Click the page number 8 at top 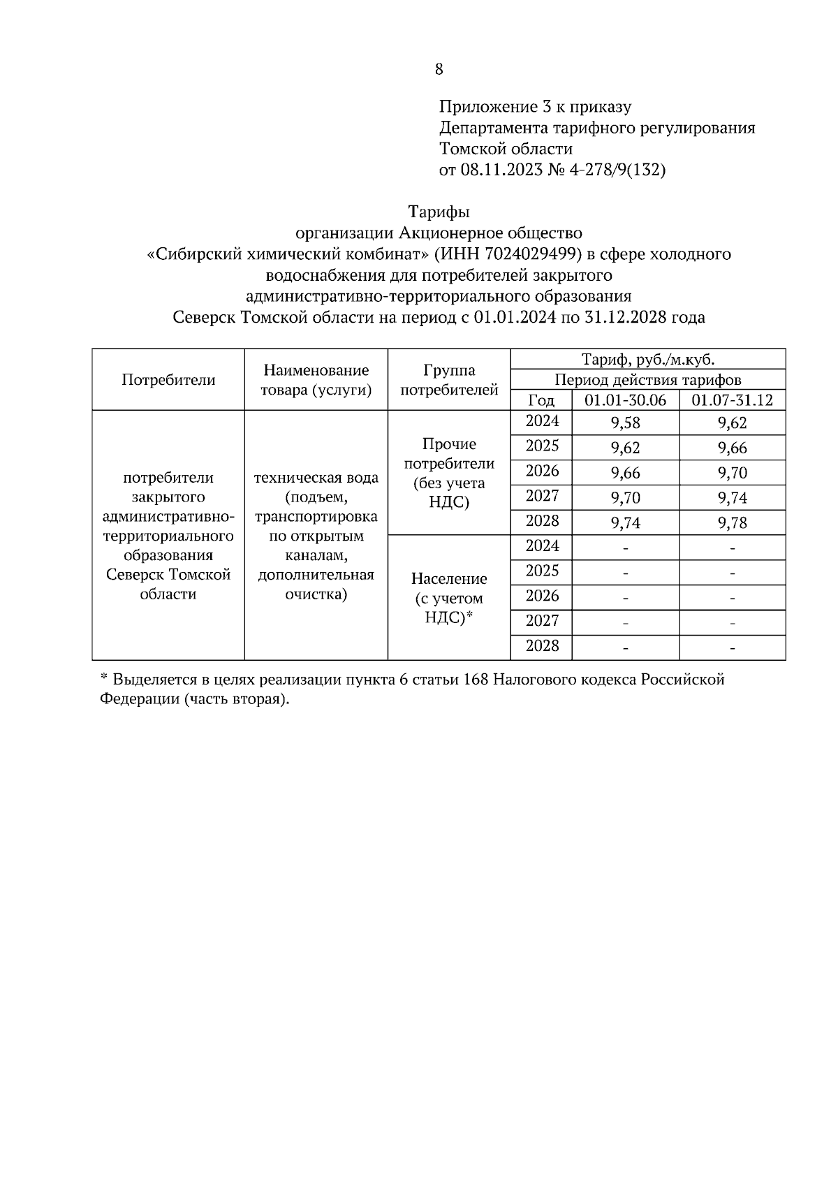point(439,69)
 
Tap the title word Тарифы point(439,212)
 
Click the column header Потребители point(168,380)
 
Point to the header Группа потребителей point(449,380)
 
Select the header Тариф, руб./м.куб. point(647,360)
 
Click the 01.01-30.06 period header point(625,400)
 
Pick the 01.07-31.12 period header point(732,400)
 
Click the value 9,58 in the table point(625,423)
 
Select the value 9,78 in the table point(732,523)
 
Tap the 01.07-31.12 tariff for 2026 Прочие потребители point(732,473)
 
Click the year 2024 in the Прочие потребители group point(542,420)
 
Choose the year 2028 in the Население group point(542,645)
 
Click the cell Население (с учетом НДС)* point(449,598)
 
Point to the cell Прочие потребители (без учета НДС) point(449,473)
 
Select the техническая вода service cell point(316,536)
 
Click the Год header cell point(541,400)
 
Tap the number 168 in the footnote point(476,680)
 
